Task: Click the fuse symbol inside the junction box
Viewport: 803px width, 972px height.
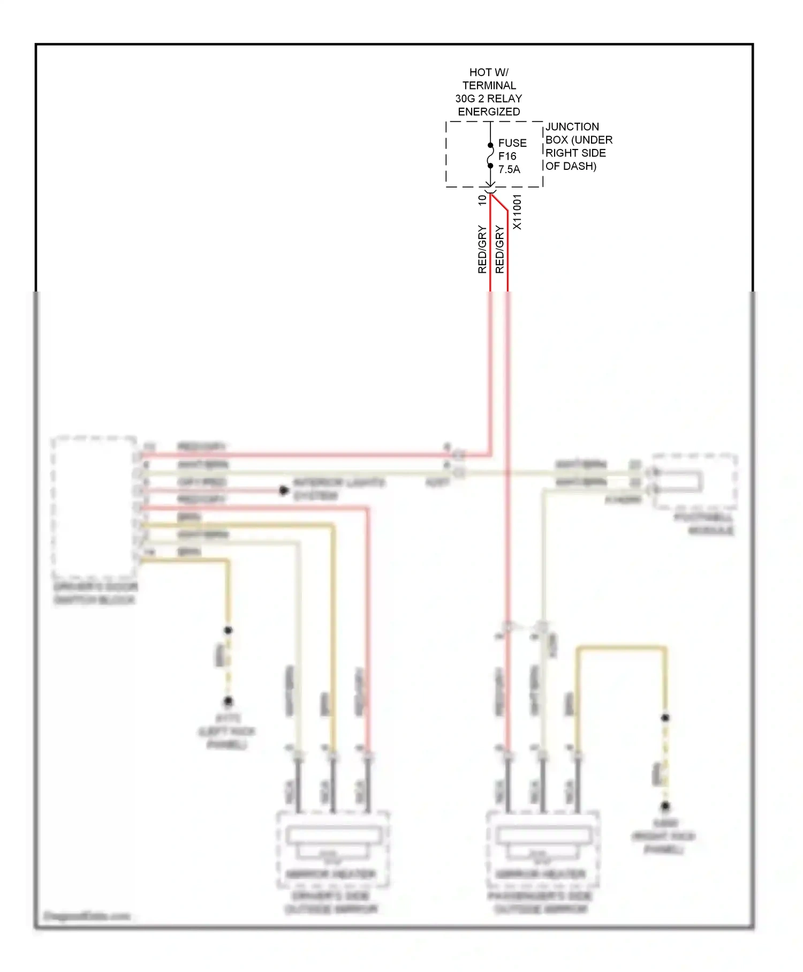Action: (x=490, y=155)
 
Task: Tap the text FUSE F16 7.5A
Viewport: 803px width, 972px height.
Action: (x=512, y=156)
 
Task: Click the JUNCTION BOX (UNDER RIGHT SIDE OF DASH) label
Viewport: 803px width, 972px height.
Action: (x=578, y=146)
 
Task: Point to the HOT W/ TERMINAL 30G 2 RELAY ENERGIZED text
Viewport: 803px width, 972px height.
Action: (x=489, y=92)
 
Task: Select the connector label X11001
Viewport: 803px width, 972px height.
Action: (x=517, y=212)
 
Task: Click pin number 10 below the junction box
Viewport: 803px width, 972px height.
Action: (x=482, y=200)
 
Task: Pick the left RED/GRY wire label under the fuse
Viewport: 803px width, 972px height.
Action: (x=482, y=250)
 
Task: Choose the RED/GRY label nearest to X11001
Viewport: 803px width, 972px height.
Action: (x=499, y=250)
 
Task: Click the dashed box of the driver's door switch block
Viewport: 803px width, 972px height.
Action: (x=94, y=506)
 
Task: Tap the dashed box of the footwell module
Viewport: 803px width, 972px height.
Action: (x=695, y=481)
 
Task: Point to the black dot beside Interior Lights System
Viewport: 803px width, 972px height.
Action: (x=284, y=490)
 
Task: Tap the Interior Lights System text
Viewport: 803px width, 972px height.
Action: (x=339, y=489)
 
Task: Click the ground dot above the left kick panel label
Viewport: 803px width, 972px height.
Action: (x=228, y=701)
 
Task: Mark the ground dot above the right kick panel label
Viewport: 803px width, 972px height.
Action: (x=665, y=805)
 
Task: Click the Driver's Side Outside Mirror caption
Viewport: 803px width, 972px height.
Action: (x=331, y=902)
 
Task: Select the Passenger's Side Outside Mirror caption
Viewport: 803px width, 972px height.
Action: (x=540, y=902)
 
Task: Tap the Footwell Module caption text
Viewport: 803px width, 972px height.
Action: (x=703, y=524)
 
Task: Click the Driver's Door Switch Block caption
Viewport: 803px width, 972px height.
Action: (x=95, y=593)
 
